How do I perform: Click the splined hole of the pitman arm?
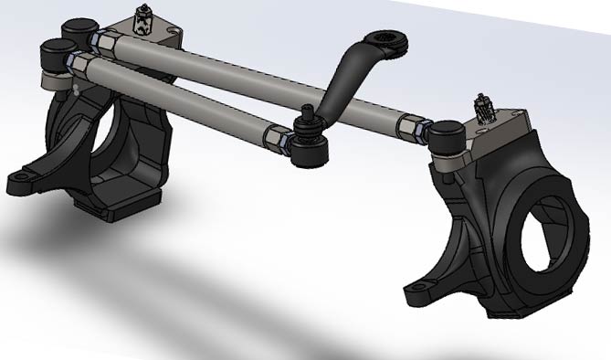coord(388,38)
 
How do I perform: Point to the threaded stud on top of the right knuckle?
coord(483,108)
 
